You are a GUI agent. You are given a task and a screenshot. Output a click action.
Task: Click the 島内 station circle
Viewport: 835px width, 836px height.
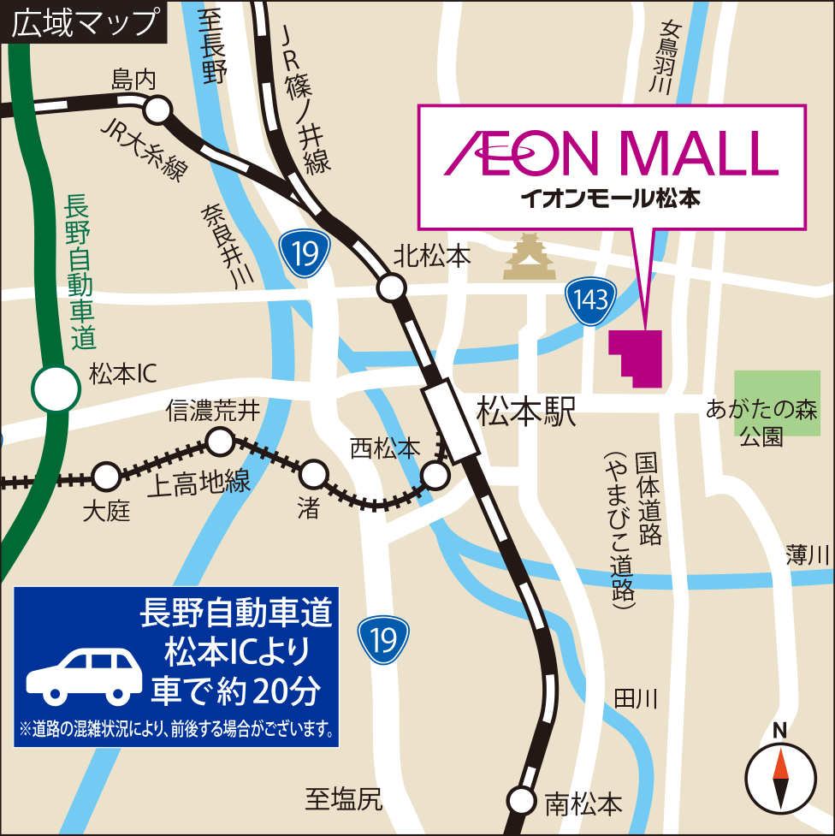[157, 110]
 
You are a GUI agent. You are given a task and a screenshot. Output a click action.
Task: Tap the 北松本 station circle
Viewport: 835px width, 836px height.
[392, 288]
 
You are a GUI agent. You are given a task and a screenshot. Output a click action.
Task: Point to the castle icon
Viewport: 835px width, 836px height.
[530, 258]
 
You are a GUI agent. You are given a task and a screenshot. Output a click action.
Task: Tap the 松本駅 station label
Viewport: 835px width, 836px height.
[527, 412]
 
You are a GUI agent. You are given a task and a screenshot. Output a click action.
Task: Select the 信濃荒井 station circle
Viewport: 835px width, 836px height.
[220, 442]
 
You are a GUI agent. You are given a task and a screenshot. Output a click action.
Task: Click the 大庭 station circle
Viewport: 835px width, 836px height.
[106, 476]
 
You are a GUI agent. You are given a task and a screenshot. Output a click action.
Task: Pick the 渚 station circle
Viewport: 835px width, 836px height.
[314, 472]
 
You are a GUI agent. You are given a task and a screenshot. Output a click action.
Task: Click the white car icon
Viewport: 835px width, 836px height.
[84, 669]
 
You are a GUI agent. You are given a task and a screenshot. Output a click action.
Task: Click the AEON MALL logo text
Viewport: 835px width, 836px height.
[612, 153]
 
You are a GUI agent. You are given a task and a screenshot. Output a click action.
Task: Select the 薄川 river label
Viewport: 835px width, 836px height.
[808, 555]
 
